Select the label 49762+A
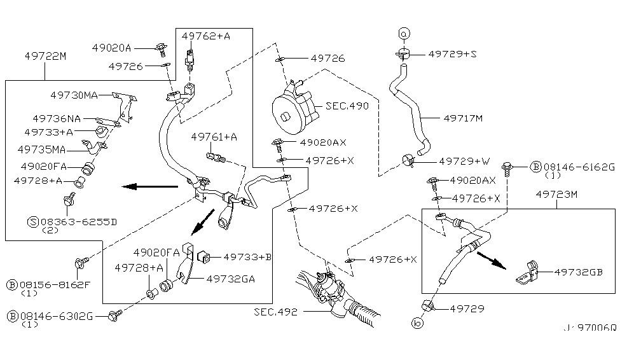click(205, 36)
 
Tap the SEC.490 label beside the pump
click(347, 106)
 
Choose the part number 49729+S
click(452, 55)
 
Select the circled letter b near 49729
click(418, 324)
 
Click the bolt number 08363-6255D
click(77, 221)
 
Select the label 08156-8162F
click(55, 284)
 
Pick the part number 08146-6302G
click(55, 315)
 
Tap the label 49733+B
click(247, 257)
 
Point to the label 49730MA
click(74, 95)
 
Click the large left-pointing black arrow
click(149, 186)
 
